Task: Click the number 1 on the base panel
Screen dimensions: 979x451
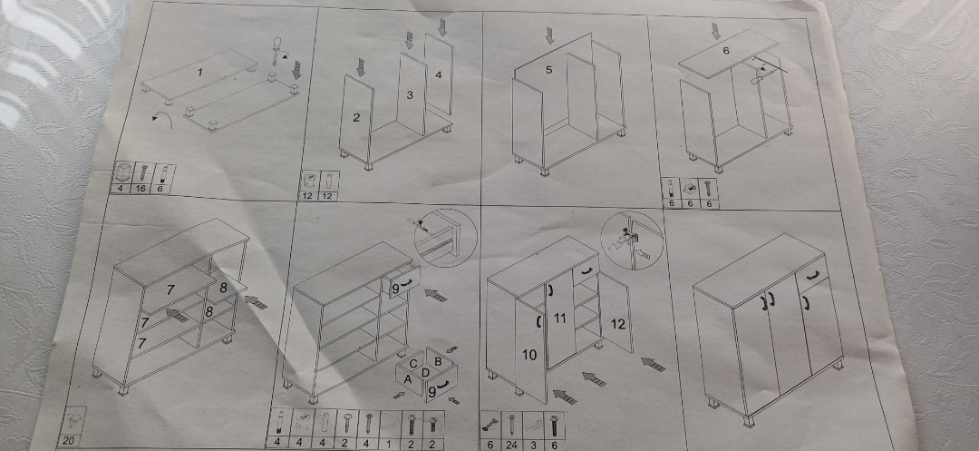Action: [199, 73]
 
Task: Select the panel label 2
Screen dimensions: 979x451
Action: [356, 117]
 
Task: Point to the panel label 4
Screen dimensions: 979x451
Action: [439, 75]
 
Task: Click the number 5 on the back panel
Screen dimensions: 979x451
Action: [548, 70]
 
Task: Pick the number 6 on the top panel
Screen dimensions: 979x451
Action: [725, 51]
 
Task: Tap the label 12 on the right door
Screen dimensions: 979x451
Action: [617, 324]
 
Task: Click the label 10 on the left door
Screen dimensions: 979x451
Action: [528, 356]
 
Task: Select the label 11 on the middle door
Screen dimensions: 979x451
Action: [560, 319]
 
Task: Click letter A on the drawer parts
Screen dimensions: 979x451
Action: [408, 378]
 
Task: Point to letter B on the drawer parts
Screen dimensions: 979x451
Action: [439, 361]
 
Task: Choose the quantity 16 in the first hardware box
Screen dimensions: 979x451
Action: [142, 188]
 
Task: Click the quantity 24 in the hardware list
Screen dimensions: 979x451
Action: [511, 444]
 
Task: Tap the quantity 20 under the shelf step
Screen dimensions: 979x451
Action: [68, 441]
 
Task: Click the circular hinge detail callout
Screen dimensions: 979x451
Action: [631, 240]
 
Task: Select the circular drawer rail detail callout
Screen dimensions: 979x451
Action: [445, 238]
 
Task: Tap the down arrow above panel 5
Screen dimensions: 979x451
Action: [549, 35]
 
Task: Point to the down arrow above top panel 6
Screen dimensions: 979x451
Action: [715, 31]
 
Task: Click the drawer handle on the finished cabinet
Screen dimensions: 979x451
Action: [811, 274]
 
